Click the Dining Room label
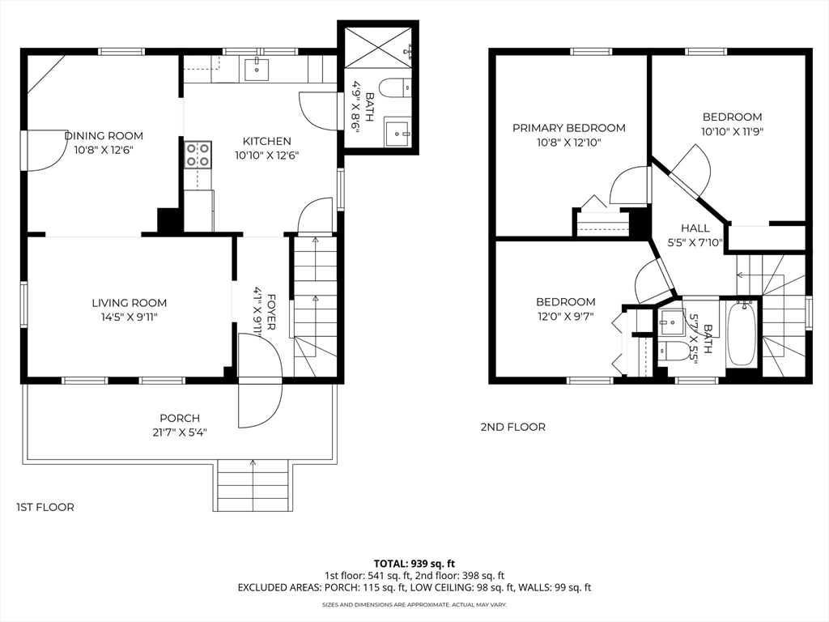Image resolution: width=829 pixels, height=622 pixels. click(x=104, y=136)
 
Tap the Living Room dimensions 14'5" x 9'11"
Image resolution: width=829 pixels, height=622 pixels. click(x=130, y=317)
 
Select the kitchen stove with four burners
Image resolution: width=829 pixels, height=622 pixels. click(x=198, y=155)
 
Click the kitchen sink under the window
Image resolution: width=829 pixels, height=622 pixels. click(x=257, y=70)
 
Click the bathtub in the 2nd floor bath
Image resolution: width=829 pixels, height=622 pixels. click(x=742, y=333)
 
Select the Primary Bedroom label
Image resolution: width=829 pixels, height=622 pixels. click(x=569, y=128)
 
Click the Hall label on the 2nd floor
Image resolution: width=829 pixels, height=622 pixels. click(x=695, y=228)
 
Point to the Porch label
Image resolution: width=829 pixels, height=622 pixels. click(x=180, y=418)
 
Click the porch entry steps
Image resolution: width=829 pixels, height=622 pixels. click(x=253, y=486)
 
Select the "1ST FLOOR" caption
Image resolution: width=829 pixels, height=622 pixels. click(x=45, y=507)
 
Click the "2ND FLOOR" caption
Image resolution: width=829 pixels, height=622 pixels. click(x=512, y=427)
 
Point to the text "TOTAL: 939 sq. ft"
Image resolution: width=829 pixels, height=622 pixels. click(x=414, y=564)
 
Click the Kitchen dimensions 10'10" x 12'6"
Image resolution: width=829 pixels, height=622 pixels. click(x=267, y=155)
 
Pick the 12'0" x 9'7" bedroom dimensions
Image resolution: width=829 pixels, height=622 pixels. click(x=566, y=317)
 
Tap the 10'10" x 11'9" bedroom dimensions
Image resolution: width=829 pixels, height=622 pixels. click(x=732, y=132)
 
